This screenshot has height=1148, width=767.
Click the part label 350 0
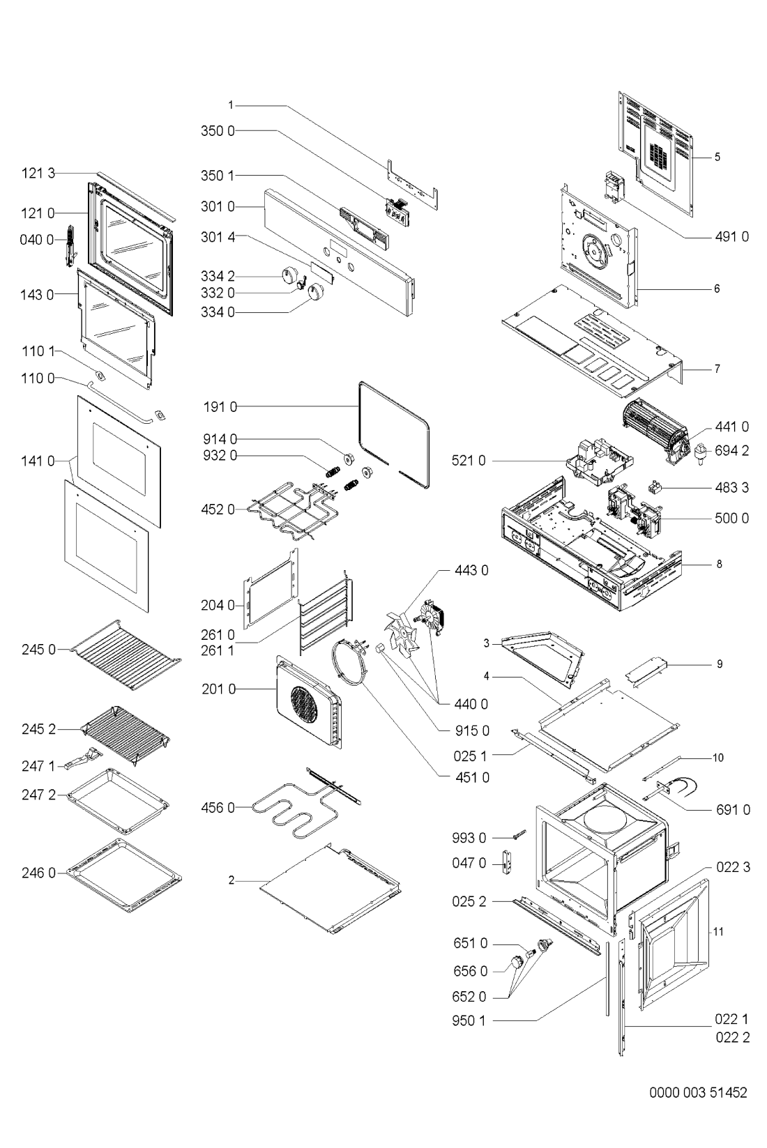(x=218, y=131)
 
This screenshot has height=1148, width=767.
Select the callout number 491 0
(x=731, y=236)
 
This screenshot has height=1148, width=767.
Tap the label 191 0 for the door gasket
(x=220, y=407)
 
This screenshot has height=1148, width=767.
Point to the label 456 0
(x=218, y=808)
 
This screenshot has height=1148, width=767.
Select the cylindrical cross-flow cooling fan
(x=654, y=431)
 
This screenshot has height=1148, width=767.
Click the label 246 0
(x=38, y=872)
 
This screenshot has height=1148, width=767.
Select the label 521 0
(x=468, y=461)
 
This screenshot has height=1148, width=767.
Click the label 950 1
(x=468, y=1020)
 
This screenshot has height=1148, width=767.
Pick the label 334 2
(x=218, y=277)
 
